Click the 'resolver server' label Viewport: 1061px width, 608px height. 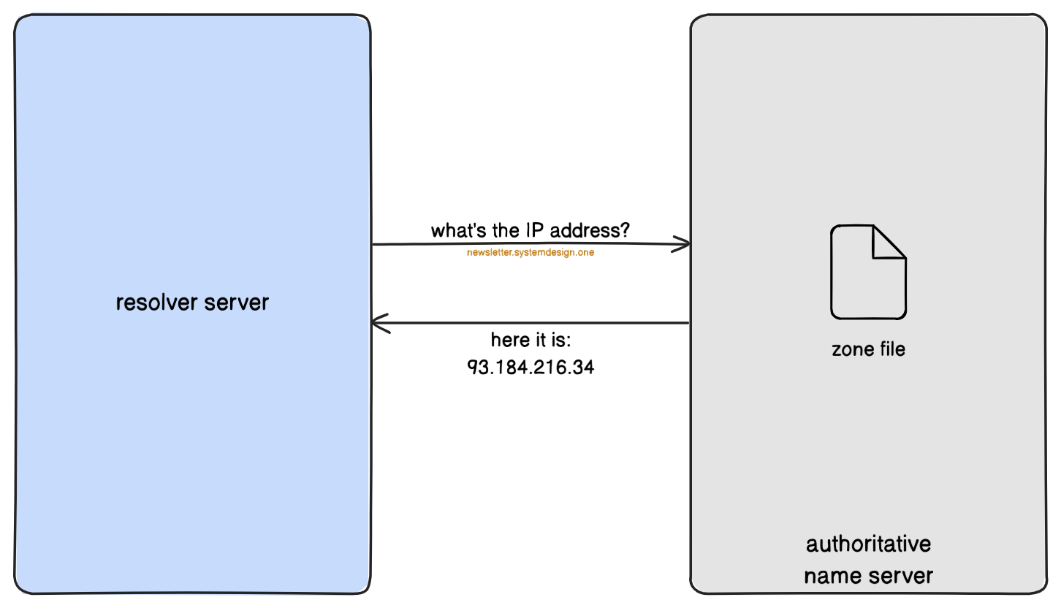point(192,302)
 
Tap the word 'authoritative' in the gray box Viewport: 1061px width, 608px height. point(868,544)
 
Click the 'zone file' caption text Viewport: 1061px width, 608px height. point(868,349)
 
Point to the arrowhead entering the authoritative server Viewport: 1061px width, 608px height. point(683,245)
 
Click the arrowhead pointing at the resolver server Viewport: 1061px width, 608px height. point(379,323)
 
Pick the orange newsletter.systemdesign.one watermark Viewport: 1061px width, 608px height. point(530,254)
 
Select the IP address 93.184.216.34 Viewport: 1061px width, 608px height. point(530,367)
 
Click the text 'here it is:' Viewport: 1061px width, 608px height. point(530,341)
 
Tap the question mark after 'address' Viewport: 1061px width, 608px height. point(625,231)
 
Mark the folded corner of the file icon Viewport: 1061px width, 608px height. point(888,243)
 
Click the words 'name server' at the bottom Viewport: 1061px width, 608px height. point(868,576)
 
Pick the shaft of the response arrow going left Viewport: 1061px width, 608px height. point(533,322)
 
